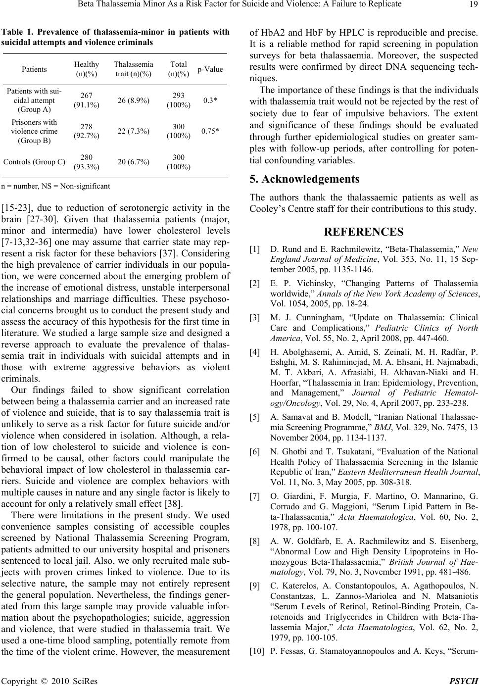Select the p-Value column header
[x=210, y=69]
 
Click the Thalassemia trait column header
[x=133, y=69]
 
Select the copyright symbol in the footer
[x=38, y=680]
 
